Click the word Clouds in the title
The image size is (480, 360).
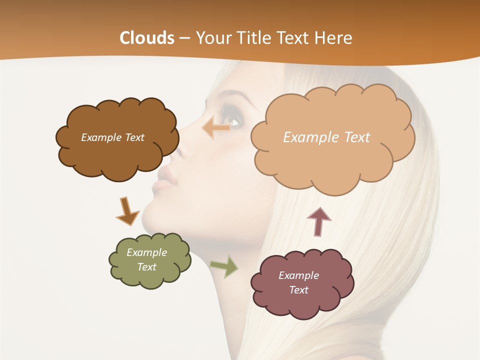[147, 38]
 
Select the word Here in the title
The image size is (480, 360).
[334, 38]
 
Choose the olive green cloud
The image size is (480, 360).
[150, 277]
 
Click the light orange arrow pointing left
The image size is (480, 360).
[216, 128]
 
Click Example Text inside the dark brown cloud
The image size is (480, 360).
[112, 137]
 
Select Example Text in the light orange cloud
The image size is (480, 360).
[326, 137]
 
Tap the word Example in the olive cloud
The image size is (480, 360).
[146, 252]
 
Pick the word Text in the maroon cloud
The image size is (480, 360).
[298, 290]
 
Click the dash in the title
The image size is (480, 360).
[184, 38]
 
